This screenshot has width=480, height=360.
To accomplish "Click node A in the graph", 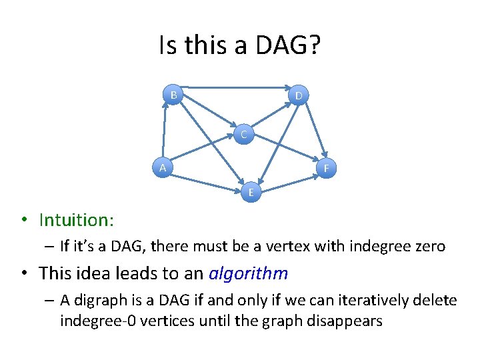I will pos(163,167).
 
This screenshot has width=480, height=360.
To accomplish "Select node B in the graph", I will pos(173,95).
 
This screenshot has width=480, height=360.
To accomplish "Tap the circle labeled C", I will pos(244,135).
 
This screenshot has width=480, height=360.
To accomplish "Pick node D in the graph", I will pos(299,96).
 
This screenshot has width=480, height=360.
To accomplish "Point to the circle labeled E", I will pos(251,193).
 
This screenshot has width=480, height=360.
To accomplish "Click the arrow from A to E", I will pos(207,181).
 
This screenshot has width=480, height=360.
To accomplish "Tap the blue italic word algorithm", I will pos(248,273).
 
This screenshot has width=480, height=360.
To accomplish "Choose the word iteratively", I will pos(380,301).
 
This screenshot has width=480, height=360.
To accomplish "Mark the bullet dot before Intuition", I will pos(23,220).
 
